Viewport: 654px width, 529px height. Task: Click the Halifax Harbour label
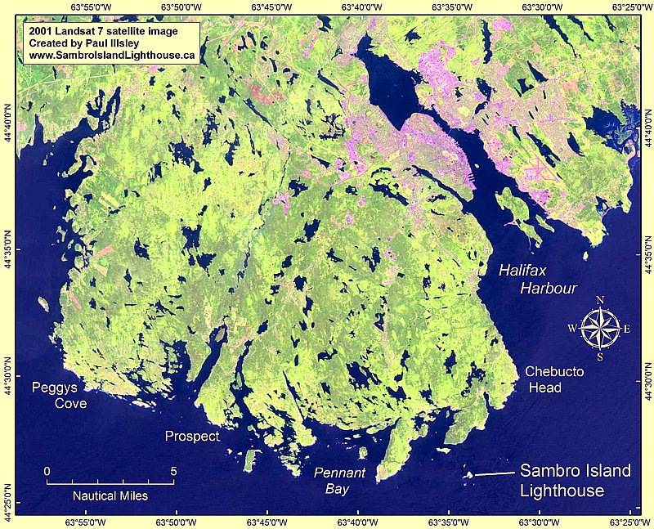[x=539, y=279]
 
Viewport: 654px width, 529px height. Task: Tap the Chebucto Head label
[x=554, y=379]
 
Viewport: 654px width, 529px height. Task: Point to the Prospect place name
[x=192, y=437]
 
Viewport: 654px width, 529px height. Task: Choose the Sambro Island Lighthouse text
[x=576, y=481]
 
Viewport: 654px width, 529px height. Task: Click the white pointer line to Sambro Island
[x=495, y=473]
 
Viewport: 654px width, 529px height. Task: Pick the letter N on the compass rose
[x=600, y=300]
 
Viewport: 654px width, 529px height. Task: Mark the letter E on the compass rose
[x=627, y=330]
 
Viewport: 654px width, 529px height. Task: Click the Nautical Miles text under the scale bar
[x=110, y=495]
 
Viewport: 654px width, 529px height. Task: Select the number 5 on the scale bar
[x=172, y=471]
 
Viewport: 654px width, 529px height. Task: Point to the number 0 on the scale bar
[x=47, y=471]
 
